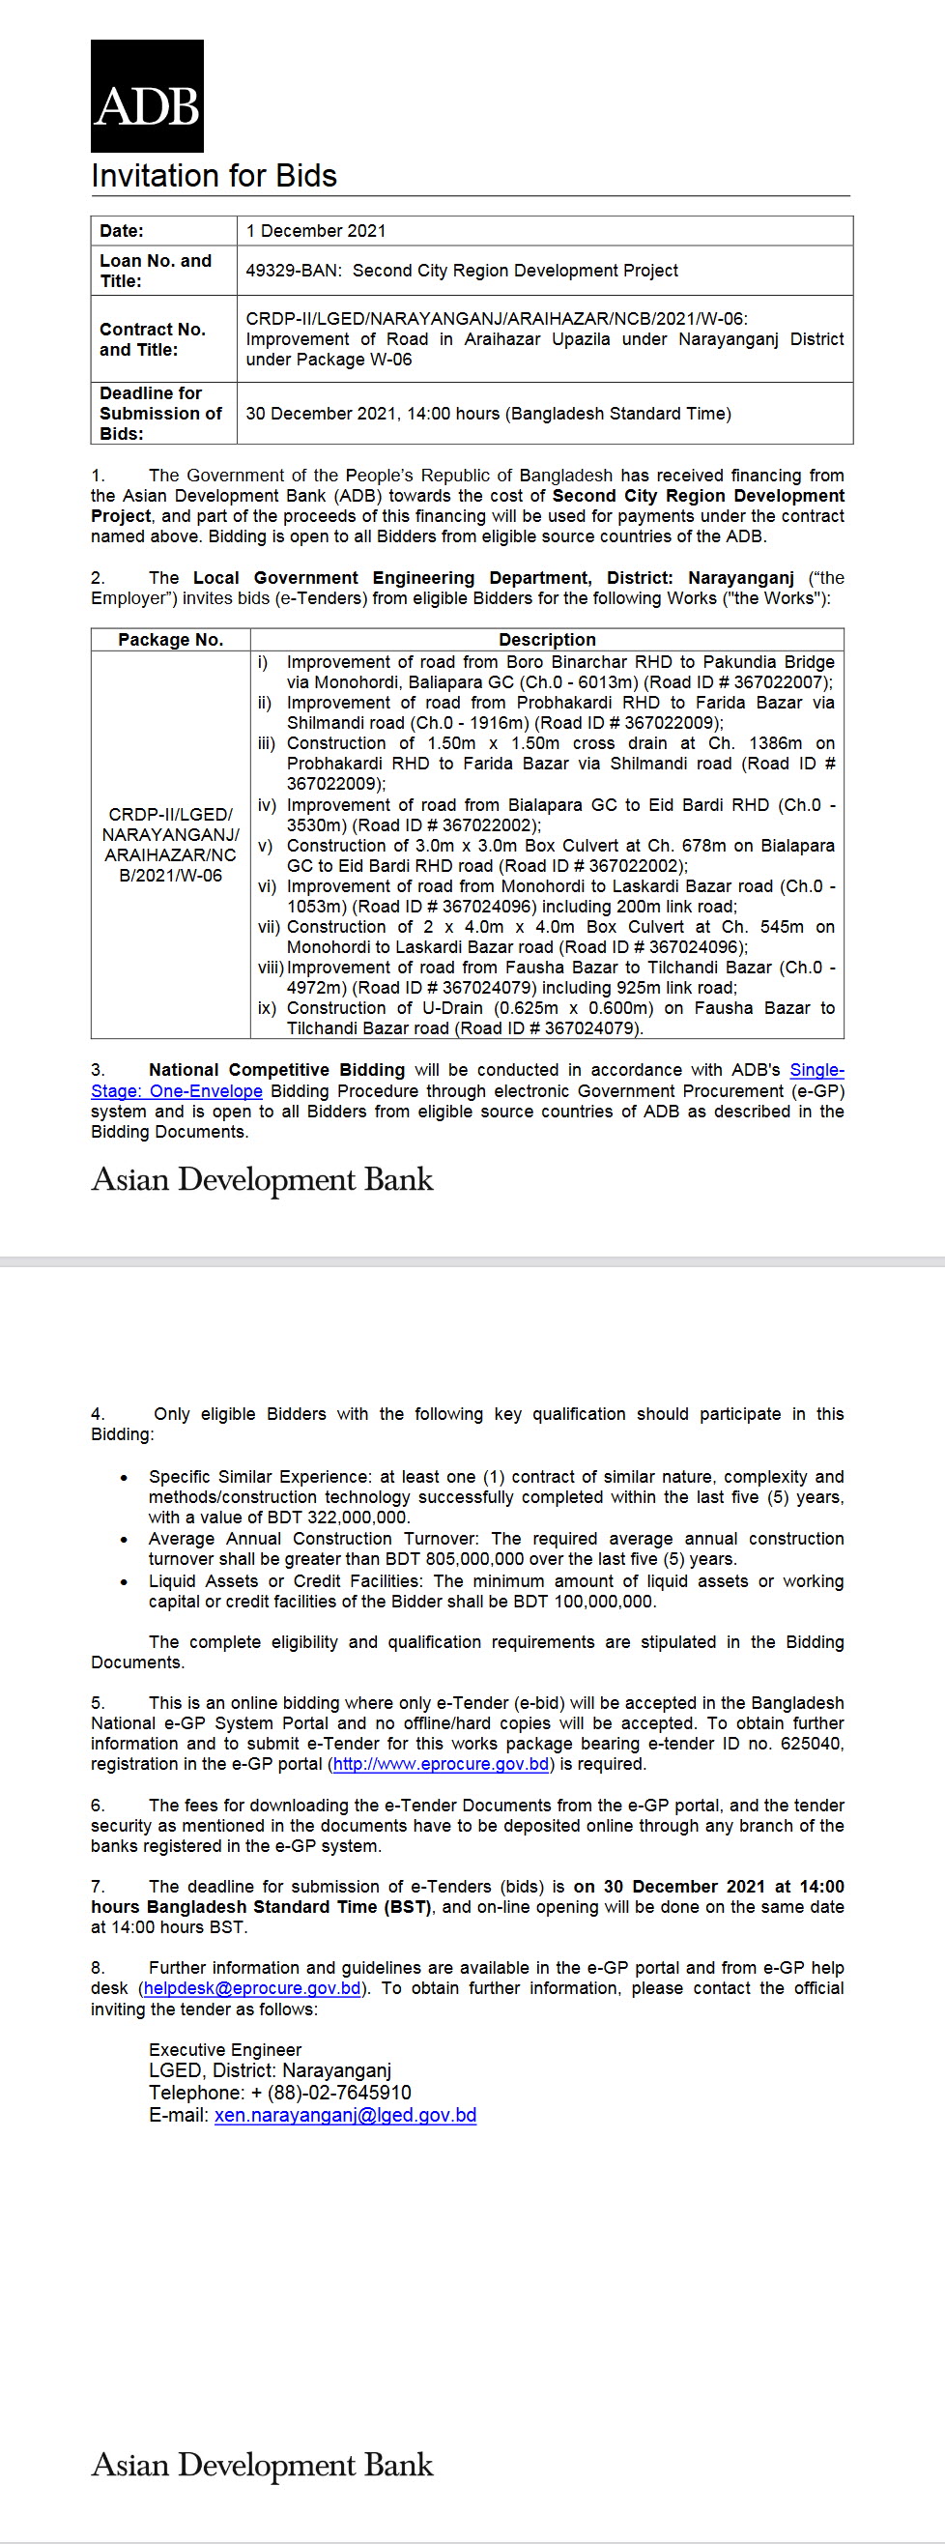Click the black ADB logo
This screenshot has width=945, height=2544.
point(147,96)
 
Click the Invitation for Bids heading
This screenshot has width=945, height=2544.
point(214,176)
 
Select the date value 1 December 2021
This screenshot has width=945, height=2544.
point(316,231)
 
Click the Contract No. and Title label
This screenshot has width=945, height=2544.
point(152,338)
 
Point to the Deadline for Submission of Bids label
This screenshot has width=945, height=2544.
point(160,413)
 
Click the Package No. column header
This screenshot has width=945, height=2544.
point(170,640)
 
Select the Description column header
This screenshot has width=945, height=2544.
point(546,640)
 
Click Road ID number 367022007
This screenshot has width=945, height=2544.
point(781,682)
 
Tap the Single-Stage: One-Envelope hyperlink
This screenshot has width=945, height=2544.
point(177,1091)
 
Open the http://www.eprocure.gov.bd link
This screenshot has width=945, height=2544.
point(441,1765)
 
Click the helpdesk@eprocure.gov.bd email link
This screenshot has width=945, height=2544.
point(252,1988)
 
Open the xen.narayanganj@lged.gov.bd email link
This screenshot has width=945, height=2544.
point(345,2116)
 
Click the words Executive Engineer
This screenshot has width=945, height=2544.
point(225,2050)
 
